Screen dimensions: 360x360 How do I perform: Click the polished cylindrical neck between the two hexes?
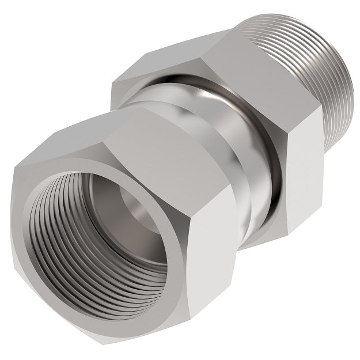click(230, 173)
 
